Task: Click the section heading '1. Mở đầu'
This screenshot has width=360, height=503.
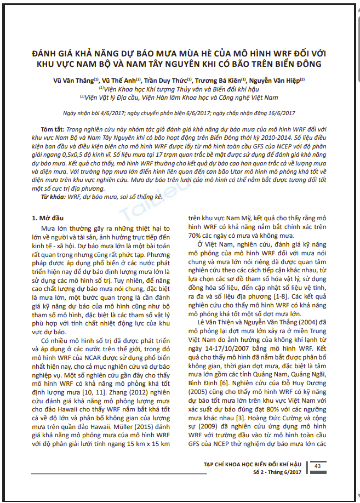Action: [49, 218]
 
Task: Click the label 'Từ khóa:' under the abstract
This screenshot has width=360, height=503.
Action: [53, 196]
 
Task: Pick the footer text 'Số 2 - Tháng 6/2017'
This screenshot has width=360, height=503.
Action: [277, 472]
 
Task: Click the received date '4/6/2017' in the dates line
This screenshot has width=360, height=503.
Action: [115, 113]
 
